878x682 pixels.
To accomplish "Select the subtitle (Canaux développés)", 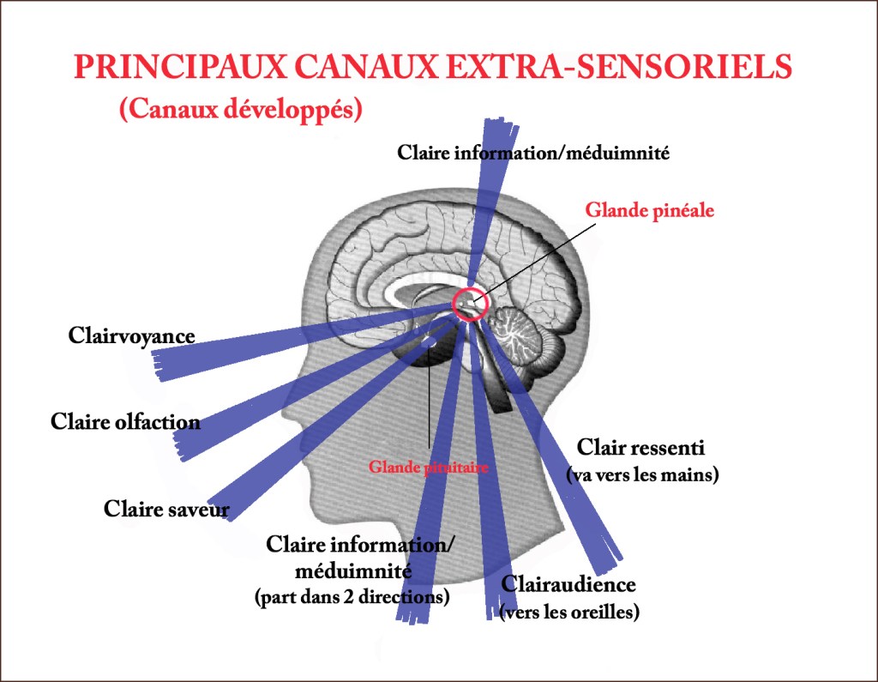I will coord(241,110).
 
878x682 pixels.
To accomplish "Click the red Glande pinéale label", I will coord(649,210).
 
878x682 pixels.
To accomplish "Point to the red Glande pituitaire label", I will coord(428,468).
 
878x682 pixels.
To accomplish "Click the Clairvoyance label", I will coord(131,335).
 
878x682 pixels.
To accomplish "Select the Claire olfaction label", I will coord(125,421).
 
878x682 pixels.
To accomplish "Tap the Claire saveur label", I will coord(166,509).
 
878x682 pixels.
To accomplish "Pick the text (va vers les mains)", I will coord(642,474).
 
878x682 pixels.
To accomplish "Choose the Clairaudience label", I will coord(568,585).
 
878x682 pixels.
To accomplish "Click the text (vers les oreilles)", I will coord(569,613).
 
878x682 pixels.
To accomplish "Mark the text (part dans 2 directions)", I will coord(352,597).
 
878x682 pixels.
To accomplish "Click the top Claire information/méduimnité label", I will coord(532,153).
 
